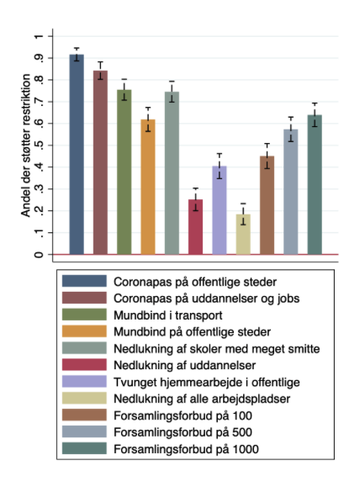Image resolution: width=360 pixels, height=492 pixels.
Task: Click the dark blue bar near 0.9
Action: pos(77,155)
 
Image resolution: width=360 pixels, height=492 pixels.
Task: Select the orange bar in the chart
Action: pos(148,187)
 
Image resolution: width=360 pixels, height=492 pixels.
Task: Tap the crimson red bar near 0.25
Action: pos(195,227)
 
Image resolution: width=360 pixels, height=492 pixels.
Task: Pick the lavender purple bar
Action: pos(220,210)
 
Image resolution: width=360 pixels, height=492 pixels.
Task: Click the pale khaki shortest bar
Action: pos(243,234)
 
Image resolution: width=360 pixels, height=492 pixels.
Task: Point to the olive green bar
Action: pos(124,172)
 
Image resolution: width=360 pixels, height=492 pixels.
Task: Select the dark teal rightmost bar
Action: pos(315,184)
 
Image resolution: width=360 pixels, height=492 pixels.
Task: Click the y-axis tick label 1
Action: pos(39,36)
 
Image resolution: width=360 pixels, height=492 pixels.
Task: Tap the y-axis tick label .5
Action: pos(39,145)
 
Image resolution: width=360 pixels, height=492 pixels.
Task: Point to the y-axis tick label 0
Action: pos(39,254)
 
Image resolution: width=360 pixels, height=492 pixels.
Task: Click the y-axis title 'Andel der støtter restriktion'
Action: pos(26,145)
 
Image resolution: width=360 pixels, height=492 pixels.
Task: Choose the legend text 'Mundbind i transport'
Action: pos(168,315)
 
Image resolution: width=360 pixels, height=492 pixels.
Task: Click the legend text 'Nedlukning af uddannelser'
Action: pos(184,365)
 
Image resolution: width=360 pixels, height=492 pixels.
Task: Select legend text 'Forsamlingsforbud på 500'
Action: pos(183,432)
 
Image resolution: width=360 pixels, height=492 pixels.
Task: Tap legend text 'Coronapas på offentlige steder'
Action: pos(195,282)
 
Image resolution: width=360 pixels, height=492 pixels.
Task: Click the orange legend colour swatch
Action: pos(84,331)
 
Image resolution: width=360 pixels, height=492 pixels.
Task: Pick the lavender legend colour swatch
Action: pos(84,382)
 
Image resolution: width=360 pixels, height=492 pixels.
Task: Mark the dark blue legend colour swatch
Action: pos(84,281)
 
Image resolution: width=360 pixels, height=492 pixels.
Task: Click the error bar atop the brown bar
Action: pos(267,156)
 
